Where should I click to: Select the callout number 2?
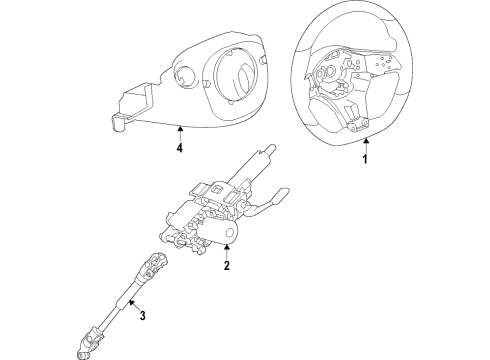227,266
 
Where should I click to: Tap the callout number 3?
142,318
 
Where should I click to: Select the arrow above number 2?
227,249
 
